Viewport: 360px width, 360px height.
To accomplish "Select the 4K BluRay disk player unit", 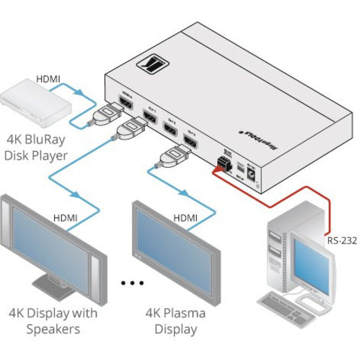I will tap(35, 101).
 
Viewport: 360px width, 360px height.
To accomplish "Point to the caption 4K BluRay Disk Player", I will tap(40, 147).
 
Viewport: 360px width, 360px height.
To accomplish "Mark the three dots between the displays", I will tap(132, 283).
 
